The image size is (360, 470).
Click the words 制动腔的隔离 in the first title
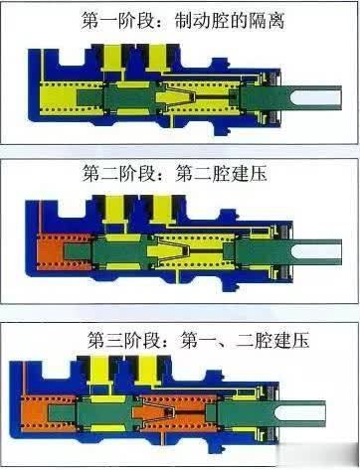coord(228,21)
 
